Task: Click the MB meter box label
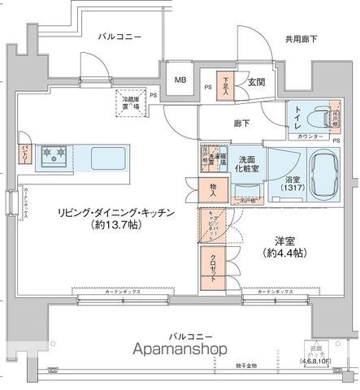pyautogui.click(x=180, y=80)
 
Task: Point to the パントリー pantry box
pyautogui.click(x=25, y=154)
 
